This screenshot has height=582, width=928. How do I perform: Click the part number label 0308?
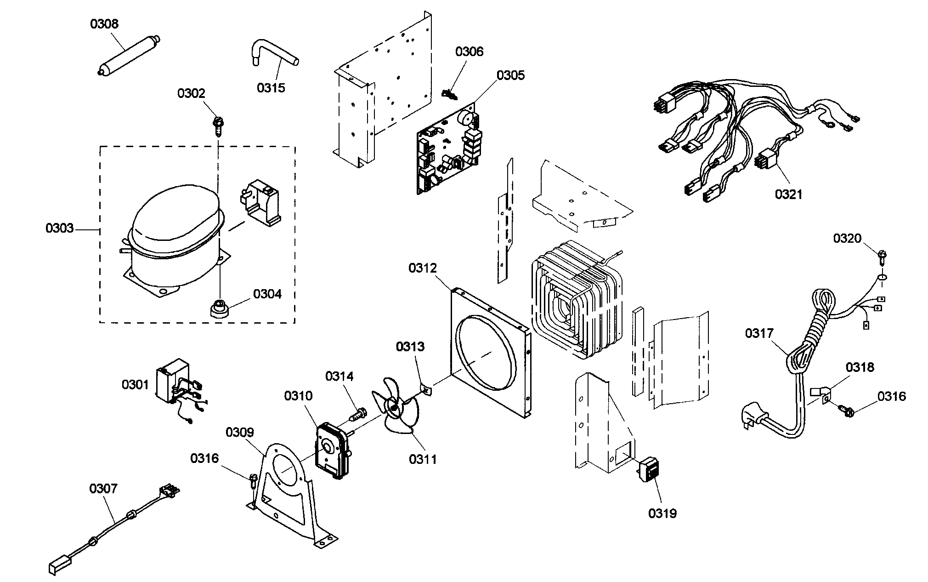click(104, 24)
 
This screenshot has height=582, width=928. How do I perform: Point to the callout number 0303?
click(59, 228)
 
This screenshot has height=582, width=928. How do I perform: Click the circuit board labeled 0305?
click(447, 152)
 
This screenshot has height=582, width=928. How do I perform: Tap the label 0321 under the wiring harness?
click(788, 194)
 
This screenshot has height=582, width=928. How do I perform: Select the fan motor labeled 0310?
click(332, 451)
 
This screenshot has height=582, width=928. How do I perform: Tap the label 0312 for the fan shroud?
click(423, 268)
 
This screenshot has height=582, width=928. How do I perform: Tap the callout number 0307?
click(103, 488)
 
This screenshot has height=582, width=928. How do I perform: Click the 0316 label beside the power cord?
click(891, 396)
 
